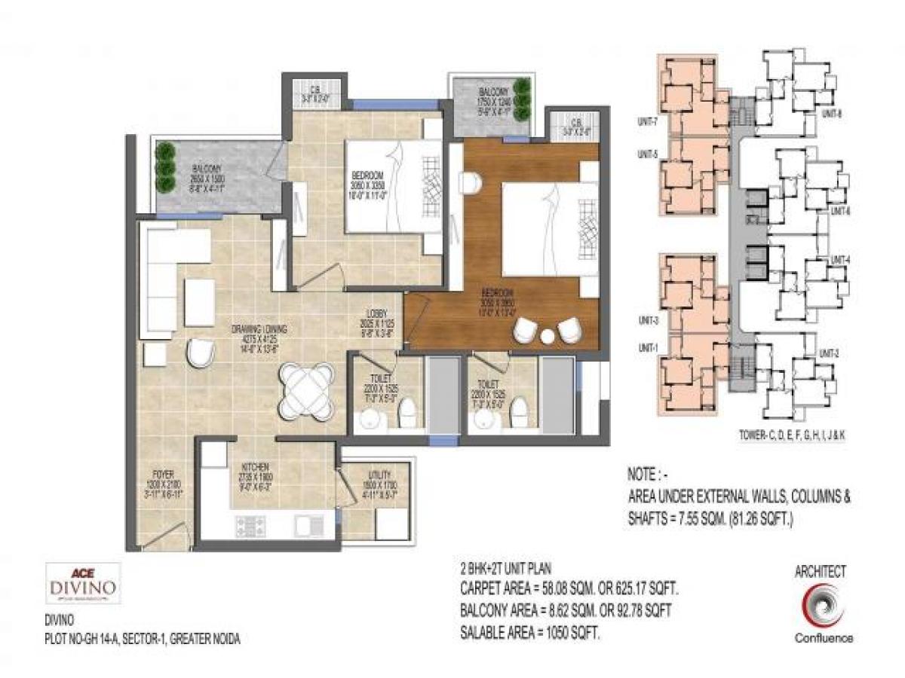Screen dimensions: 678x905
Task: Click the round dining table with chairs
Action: [x=305, y=386]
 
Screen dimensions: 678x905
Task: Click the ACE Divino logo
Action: [x=83, y=584]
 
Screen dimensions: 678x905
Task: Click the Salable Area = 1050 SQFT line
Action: [x=530, y=635]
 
